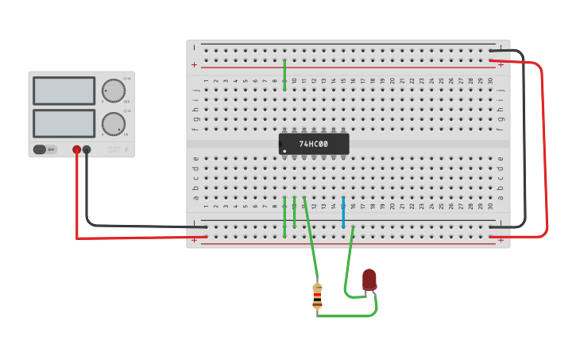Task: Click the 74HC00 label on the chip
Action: click(313, 145)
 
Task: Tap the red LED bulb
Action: click(369, 279)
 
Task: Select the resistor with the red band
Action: click(317, 296)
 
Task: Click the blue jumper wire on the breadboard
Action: click(343, 212)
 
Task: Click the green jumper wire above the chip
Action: click(284, 74)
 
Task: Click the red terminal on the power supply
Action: click(77, 149)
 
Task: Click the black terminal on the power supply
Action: click(87, 149)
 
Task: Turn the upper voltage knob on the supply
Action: click(114, 91)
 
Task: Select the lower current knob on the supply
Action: click(114, 124)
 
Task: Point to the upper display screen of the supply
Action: click(64, 91)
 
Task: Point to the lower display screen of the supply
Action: click(64, 123)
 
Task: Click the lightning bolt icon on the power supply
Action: click(126, 149)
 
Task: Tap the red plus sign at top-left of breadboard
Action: click(194, 64)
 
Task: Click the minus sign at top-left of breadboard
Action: click(194, 48)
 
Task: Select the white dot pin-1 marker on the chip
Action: click(284, 151)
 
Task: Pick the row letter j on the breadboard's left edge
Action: click(195, 90)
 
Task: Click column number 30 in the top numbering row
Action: click(490, 80)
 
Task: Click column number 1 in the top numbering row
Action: click(206, 80)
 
